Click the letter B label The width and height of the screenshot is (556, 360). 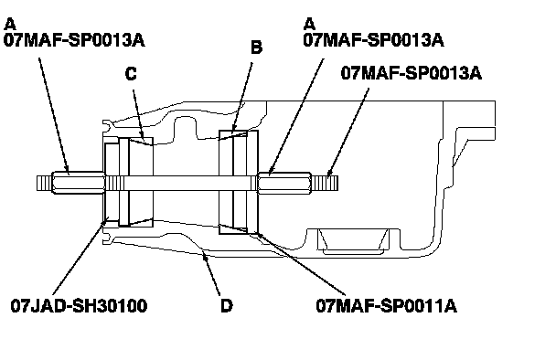(x=256, y=48)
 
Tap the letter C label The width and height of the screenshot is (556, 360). (x=131, y=74)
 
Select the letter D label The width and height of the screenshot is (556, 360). (x=227, y=306)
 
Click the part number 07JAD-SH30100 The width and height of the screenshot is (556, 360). (x=79, y=306)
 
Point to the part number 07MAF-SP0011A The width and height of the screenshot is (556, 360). (x=386, y=306)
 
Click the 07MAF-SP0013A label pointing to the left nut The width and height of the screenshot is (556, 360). (x=74, y=40)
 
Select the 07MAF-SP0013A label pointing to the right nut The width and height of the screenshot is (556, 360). (x=373, y=40)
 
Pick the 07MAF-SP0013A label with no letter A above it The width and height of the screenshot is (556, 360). (x=412, y=73)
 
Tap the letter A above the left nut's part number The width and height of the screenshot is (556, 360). (x=10, y=25)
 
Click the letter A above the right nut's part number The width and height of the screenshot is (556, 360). (x=309, y=25)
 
